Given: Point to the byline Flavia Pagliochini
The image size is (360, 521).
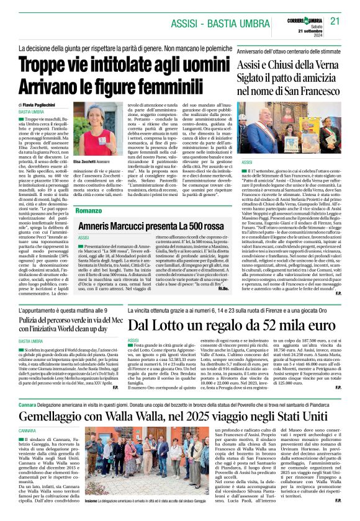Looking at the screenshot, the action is coord(44,105).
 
